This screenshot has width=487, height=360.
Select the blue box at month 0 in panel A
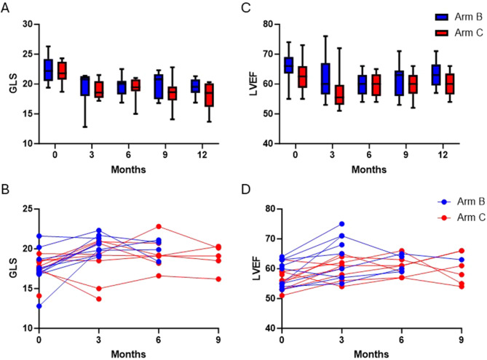48,70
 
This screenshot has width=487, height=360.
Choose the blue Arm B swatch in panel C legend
440,16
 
